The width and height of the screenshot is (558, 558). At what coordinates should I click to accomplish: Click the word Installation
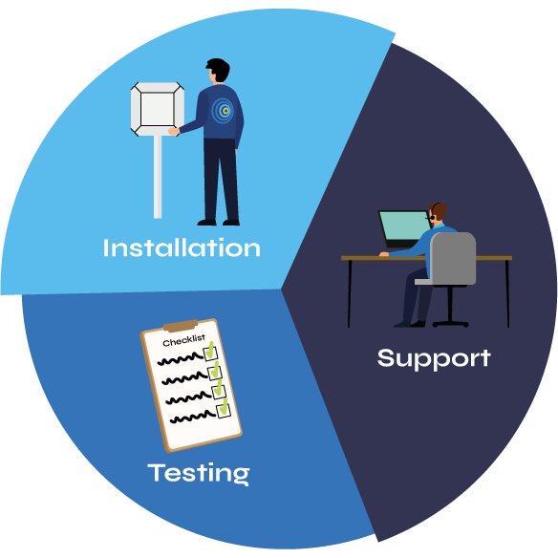[182, 247]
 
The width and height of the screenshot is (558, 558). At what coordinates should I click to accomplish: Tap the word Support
[434, 359]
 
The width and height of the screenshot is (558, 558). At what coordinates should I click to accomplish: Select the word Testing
[199, 474]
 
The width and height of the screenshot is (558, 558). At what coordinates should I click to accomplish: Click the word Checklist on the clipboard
[184, 340]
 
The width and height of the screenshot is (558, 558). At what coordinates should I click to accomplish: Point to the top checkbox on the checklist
[210, 353]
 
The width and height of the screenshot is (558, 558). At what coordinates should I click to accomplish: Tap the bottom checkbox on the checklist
[224, 411]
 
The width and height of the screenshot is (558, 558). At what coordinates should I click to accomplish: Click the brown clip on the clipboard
[181, 325]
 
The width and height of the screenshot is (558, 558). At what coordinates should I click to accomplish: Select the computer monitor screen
[404, 225]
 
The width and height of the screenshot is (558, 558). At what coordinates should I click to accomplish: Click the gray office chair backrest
[453, 258]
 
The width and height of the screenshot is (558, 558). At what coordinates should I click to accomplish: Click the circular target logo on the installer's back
[224, 111]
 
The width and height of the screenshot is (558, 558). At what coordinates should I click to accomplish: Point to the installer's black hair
[219, 69]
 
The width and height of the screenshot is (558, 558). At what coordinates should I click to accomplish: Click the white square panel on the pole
[158, 109]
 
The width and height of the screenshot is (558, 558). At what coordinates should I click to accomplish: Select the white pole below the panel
[158, 177]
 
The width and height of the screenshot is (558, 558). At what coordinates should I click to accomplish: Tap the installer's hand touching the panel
[174, 131]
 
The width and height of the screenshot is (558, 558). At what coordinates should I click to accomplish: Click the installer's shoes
[219, 223]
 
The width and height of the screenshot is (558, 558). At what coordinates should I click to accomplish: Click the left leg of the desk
[350, 293]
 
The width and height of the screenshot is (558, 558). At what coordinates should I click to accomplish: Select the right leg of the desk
[507, 293]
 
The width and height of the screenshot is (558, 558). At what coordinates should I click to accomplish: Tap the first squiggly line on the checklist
[181, 358]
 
